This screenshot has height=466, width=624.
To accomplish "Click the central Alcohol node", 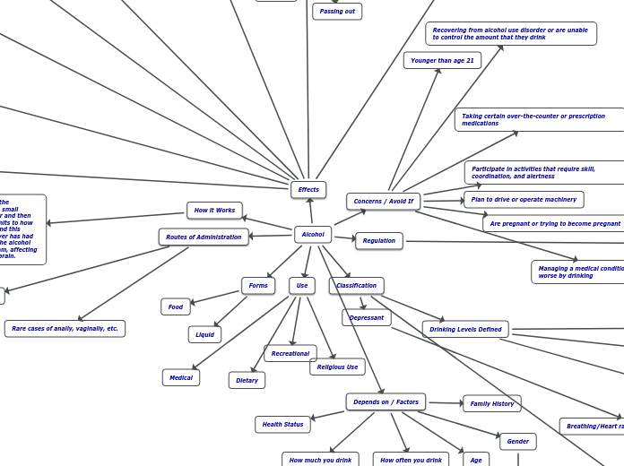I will (x=313, y=235).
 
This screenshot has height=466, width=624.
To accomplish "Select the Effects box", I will (x=308, y=190).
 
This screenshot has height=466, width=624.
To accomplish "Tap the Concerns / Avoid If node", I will (x=384, y=202).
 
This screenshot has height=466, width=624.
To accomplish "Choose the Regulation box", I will (x=379, y=241).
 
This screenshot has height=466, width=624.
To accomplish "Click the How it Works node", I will (x=214, y=211).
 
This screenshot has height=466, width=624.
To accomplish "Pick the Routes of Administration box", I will (x=204, y=237).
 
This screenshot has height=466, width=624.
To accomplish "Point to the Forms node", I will (x=258, y=286).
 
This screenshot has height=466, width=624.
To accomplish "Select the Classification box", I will (x=357, y=286).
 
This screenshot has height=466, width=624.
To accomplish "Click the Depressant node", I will (x=367, y=318).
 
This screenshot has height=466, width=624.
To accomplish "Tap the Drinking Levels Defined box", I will (x=465, y=330).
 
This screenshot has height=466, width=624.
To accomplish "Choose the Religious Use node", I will (x=337, y=367).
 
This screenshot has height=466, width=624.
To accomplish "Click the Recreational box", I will (x=290, y=354).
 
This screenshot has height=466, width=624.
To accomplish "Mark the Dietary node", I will (x=247, y=381).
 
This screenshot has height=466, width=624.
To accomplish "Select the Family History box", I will (x=492, y=404).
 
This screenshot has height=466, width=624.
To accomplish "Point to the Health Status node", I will (x=282, y=425).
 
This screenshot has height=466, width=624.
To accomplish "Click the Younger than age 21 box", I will (x=442, y=61).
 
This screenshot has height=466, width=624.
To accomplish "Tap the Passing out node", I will (x=337, y=12).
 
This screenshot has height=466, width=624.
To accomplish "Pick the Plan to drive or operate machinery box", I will (x=524, y=200).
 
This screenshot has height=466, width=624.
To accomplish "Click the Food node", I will (x=176, y=307).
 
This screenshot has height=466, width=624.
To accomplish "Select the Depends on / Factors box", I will (x=386, y=402).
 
